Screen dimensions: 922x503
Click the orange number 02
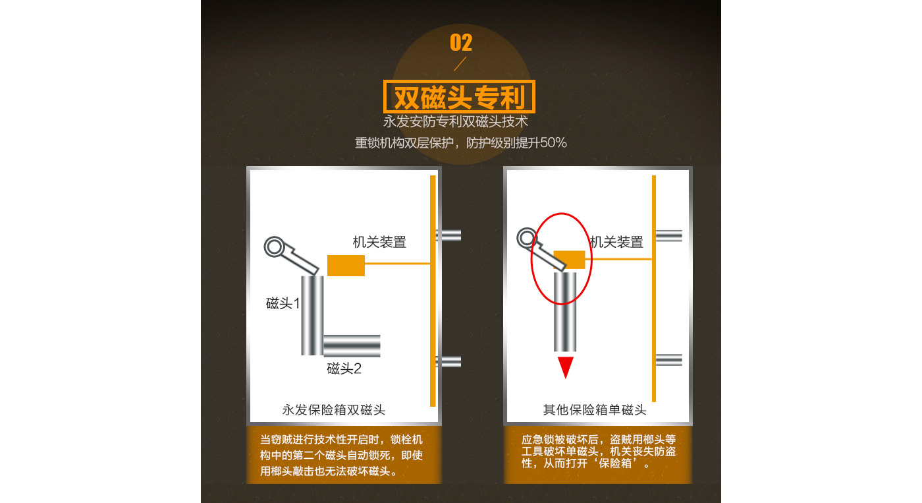pos(460,43)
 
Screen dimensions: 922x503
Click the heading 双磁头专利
pos(460,97)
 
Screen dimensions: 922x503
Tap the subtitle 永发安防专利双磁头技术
pos(455,121)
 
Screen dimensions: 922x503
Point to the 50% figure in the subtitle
pos(553,143)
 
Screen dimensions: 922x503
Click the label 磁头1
pos(283,303)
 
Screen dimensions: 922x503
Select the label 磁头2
pos(344,369)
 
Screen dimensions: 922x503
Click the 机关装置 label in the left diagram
pos(379,242)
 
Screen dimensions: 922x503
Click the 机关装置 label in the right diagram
pos(616,242)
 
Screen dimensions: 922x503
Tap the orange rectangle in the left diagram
pos(346,266)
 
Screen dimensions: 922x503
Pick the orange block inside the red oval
pos(569,260)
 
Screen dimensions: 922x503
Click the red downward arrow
pos(566,367)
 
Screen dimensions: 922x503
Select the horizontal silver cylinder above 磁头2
pos(352,345)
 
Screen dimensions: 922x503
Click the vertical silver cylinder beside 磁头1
pos(312,316)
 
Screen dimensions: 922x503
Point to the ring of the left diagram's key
pos(274,247)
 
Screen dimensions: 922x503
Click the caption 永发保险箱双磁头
pos(334,410)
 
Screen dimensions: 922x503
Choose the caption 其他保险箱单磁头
pos(595,410)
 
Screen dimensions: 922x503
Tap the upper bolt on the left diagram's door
pos(448,235)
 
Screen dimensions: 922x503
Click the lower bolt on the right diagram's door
pos(669,360)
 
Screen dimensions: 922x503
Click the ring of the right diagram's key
pos(527,238)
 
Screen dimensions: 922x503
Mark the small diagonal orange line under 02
pos(460,64)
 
